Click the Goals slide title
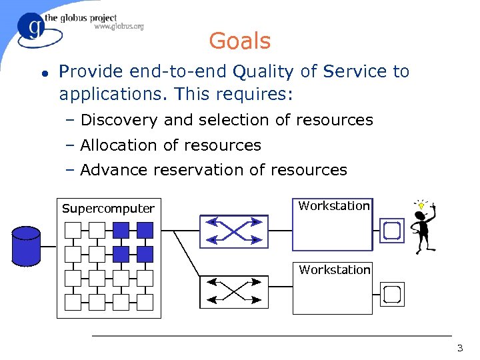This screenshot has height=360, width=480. click(239, 41)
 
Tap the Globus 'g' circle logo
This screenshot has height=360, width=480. click(31, 29)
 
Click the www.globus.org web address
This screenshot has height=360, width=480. click(119, 27)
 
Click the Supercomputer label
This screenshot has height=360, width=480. click(108, 209)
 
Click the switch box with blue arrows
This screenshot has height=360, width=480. click(233, 231)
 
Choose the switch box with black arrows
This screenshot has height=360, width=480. click(233, 291)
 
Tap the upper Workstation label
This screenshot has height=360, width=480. click(334, 206)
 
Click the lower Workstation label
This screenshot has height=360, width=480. click(334, 270)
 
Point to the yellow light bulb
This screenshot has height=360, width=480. click(421, 205)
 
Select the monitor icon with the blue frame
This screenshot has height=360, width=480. click(391, 231)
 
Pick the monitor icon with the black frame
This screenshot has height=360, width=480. click(391, 293)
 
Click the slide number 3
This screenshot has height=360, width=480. click(459, 348)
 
